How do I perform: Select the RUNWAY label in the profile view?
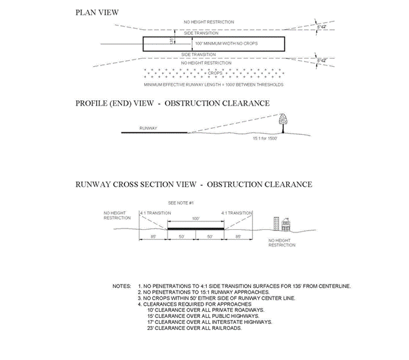point(148,127)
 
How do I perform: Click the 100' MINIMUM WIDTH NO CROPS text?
point(228,43)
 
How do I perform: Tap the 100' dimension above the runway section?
point(195,218)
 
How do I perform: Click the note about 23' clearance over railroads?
point(196,329)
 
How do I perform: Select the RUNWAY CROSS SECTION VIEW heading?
point(193,184)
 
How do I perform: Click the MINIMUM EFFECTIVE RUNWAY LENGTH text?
point(213,85)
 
